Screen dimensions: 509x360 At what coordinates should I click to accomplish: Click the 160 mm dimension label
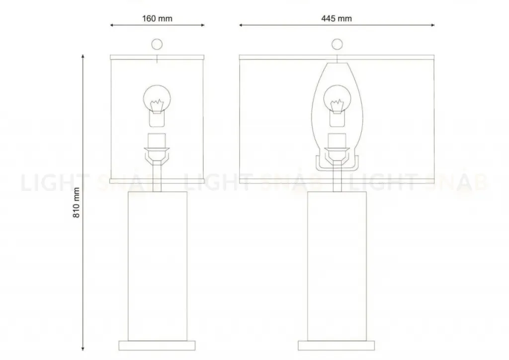157,18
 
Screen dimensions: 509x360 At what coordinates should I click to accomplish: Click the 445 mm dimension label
337,18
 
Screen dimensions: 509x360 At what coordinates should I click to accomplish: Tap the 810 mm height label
76,203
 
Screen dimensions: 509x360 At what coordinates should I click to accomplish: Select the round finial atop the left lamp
157,44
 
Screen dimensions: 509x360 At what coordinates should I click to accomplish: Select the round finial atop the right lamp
338,44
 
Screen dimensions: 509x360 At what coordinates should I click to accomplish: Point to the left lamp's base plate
157,346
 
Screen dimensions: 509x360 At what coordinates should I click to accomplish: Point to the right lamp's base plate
337,346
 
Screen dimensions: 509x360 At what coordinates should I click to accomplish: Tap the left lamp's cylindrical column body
158,266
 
